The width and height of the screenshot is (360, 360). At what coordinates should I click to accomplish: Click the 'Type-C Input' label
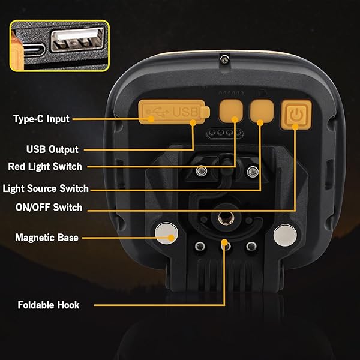click(41, 119)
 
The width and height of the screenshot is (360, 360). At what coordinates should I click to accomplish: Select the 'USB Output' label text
click(52, 149)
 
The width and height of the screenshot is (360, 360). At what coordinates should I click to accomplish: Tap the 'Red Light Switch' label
click(45, 166)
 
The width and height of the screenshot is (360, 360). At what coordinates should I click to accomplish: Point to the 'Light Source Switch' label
click(46, 188)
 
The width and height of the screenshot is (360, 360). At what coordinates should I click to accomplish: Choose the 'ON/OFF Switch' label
click(49, 208)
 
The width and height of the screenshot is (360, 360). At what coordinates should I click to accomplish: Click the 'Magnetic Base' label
click(47, 238)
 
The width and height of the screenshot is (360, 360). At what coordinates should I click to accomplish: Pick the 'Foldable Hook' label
click(49, 305)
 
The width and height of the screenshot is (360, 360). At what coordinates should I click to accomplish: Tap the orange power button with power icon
click(296, 114)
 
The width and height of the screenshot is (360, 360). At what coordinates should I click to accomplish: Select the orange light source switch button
click(262, 111)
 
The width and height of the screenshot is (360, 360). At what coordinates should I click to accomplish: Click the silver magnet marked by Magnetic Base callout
click(166, 233)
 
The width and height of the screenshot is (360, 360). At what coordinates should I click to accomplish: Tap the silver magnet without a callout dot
click(285, 235)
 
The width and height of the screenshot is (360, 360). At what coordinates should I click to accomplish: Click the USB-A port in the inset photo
click(77, 39)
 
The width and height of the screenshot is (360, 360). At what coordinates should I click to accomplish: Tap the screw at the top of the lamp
click(224, 59)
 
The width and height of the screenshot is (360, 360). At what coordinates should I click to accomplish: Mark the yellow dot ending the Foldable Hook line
click(224, 242)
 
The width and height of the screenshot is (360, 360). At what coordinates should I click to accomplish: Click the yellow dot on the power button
click(295, 127)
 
